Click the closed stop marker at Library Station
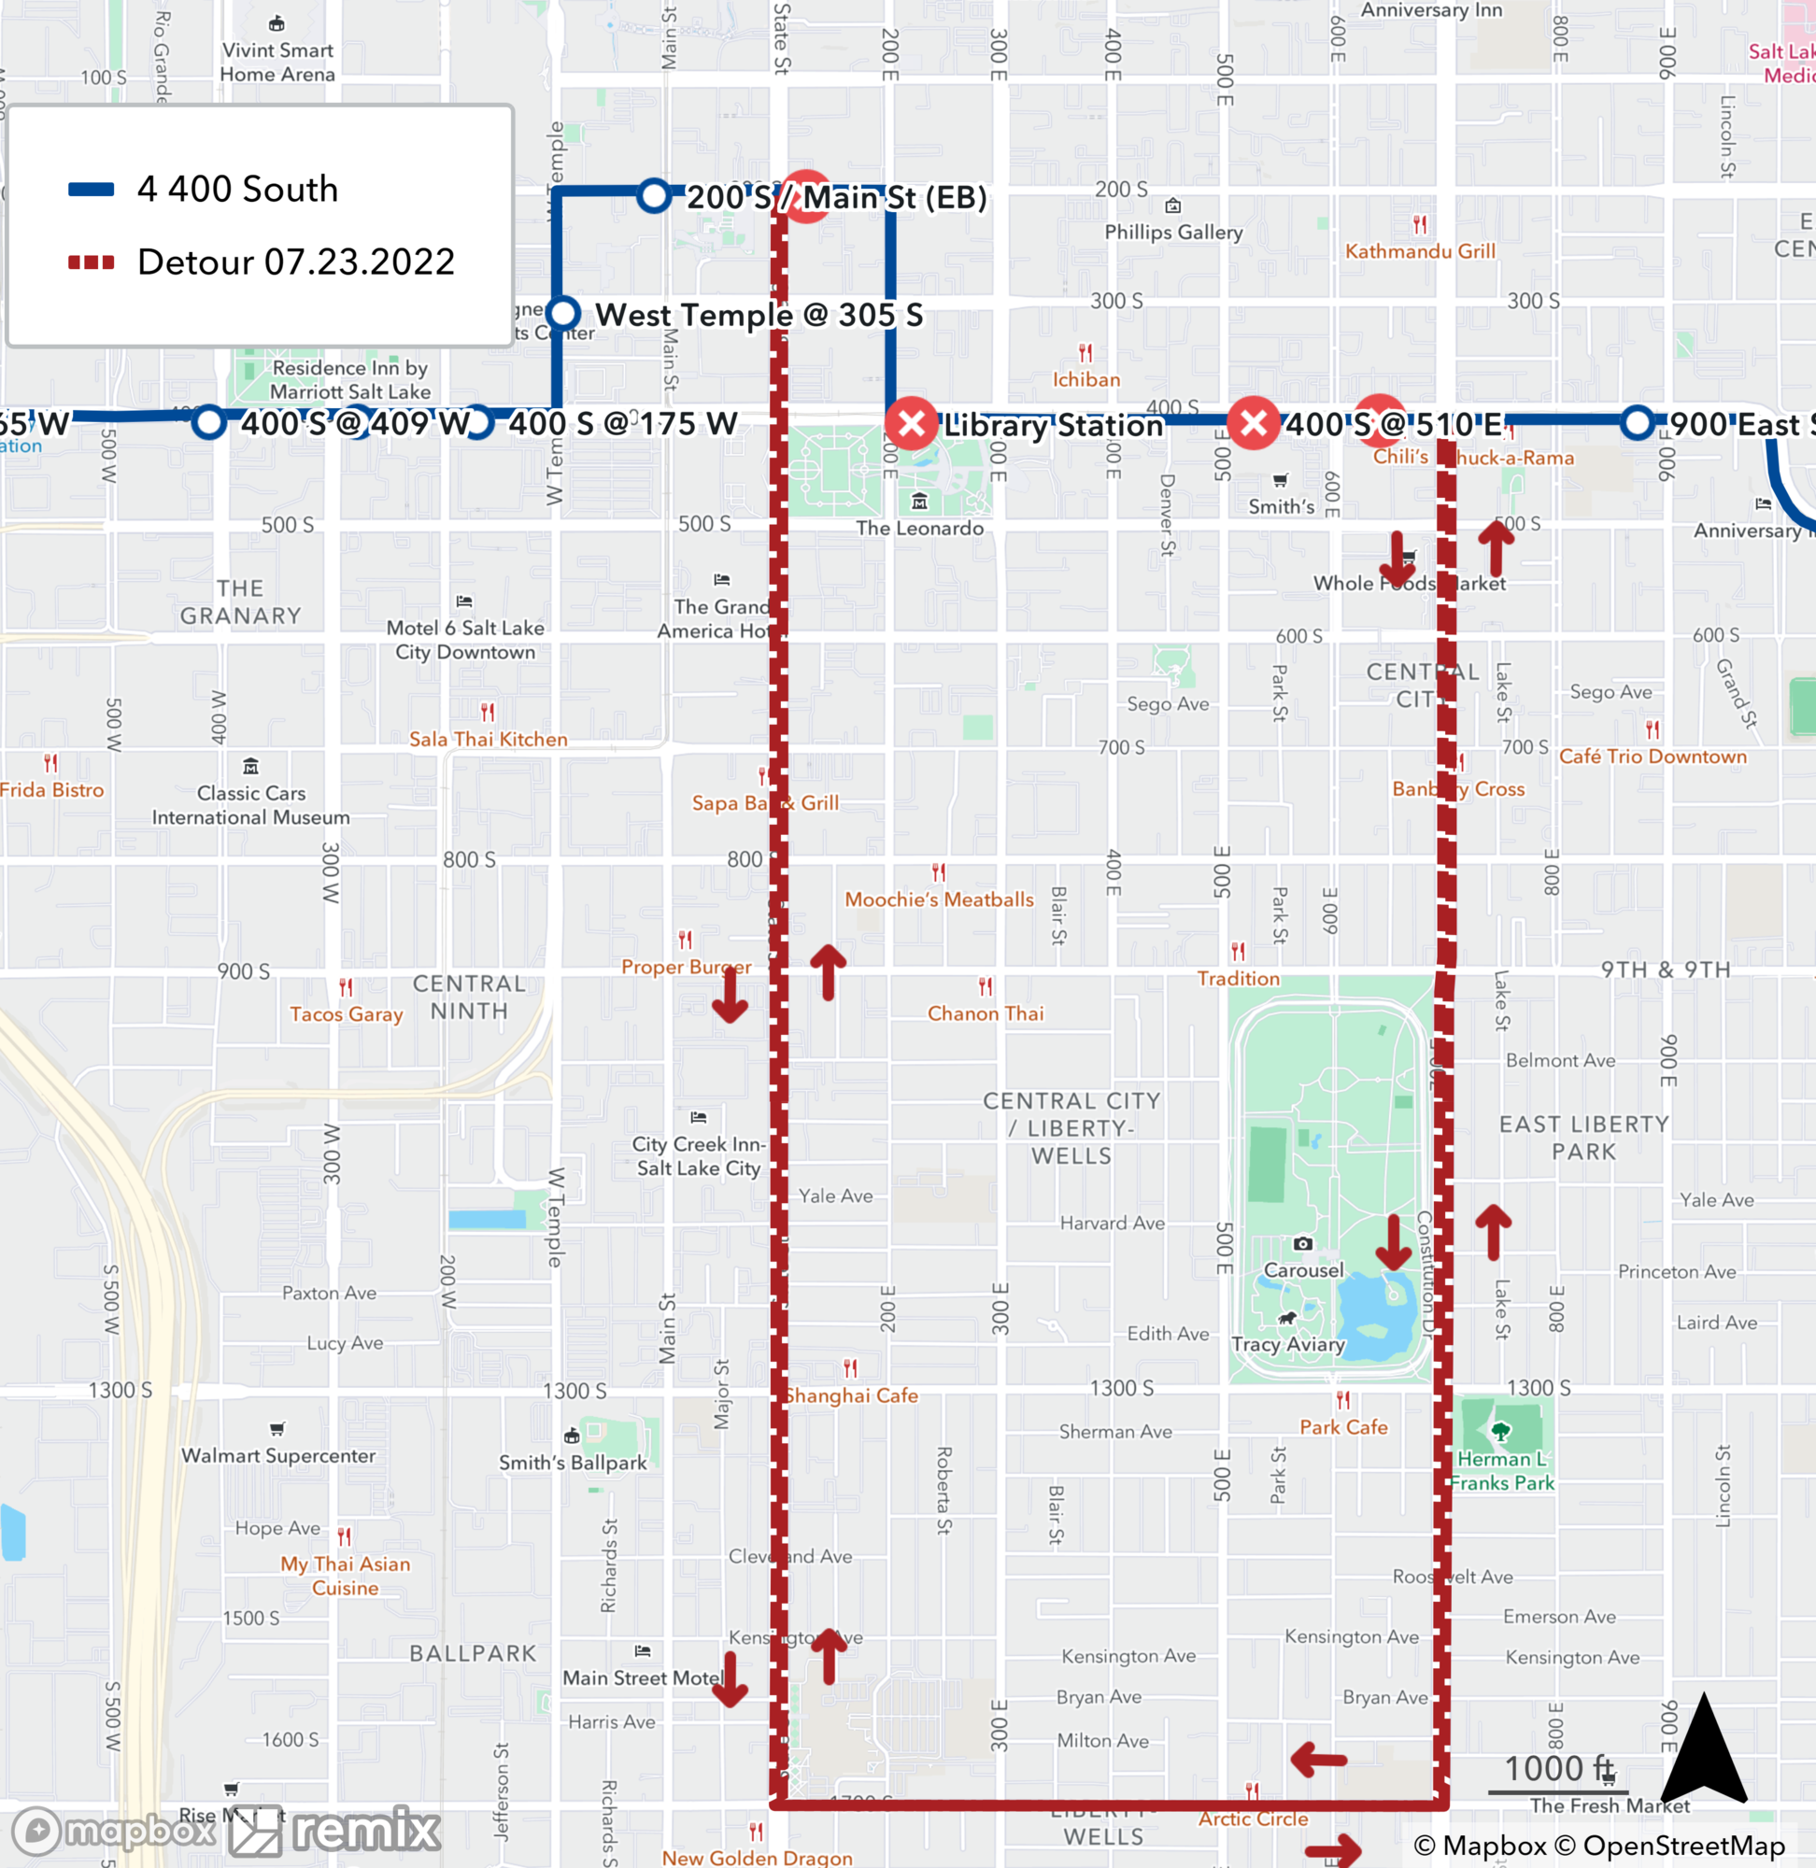(911, 422)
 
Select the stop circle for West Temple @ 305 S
(563, 312)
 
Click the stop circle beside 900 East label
(1637, 422)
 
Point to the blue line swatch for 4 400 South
(92, 189)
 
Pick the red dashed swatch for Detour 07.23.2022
(92, 262)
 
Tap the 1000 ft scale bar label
(1558, 1769)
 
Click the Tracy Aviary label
(1287, 1345)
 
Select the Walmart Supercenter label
(278, 1455)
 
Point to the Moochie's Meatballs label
(939, 899)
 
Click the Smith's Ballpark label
(573, 1463)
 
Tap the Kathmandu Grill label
(1419, 251)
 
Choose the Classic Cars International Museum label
(251, 805)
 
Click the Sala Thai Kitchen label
(489, 739)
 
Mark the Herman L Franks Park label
(1501, 1470)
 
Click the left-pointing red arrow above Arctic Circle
(1319, 1760)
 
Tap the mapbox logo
(112, 1831)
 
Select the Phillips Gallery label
(1173, 232)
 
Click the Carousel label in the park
(1303, 1270)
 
